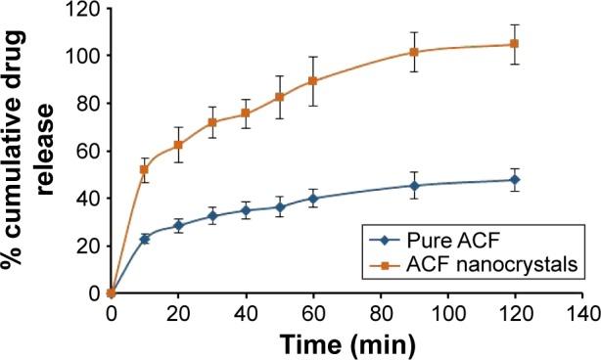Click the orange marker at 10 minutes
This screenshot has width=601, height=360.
click(x=145, y=169)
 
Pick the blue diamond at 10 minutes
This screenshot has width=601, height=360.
click(x=145, y=239)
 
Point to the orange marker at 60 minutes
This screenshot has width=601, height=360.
click(x=313, y=81)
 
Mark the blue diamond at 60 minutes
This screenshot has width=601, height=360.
click(x=313, y=199)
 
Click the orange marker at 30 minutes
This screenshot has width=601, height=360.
click(x=212, y=122)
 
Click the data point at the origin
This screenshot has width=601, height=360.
click(x=112, y=292)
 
